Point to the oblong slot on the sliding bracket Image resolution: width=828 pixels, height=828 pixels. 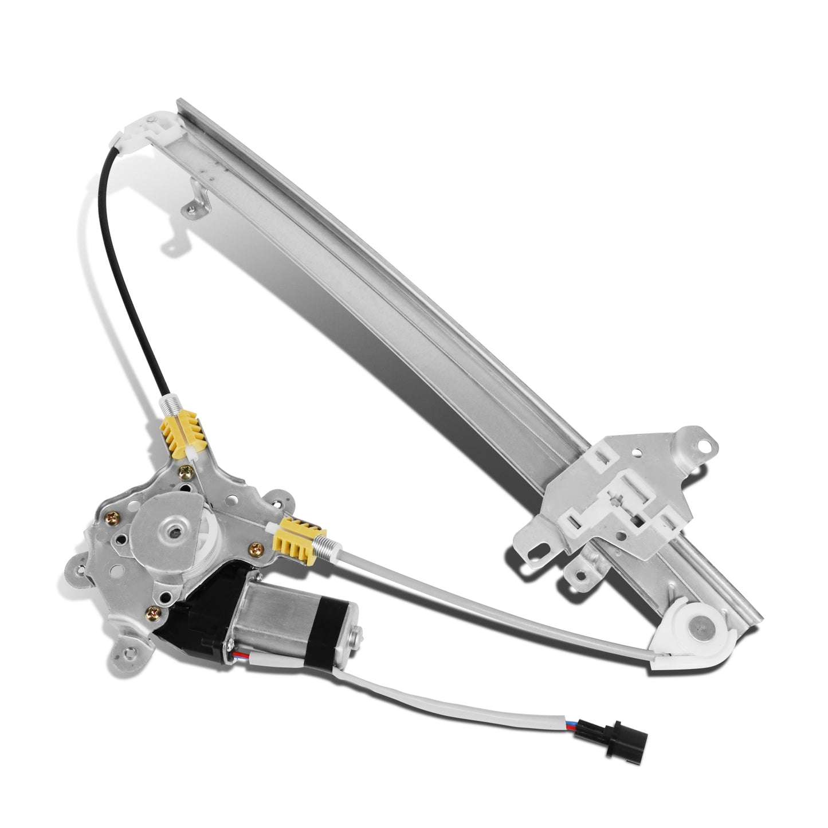[537, 550]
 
